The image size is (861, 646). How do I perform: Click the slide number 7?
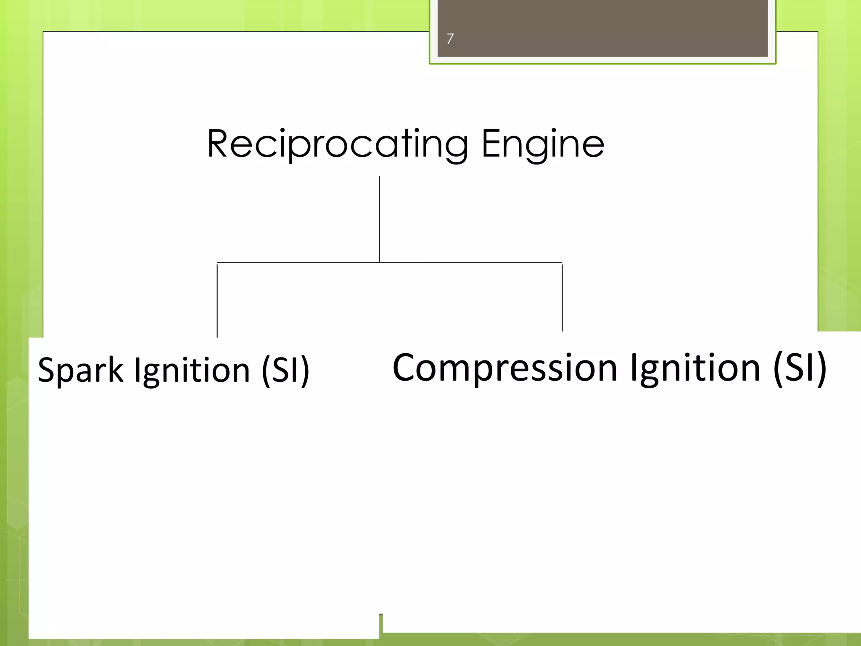450,39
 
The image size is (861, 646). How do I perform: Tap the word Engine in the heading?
542,144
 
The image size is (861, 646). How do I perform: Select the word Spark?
80,370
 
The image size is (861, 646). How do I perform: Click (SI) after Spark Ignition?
285,370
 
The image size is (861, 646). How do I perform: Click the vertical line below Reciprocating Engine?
379,219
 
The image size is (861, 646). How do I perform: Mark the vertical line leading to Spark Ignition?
217,301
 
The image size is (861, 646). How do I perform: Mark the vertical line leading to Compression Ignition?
562,298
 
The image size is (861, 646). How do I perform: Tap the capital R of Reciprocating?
219,144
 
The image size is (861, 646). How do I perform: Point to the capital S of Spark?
47,370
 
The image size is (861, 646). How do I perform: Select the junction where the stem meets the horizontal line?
379,262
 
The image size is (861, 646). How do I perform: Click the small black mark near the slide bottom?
381,614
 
